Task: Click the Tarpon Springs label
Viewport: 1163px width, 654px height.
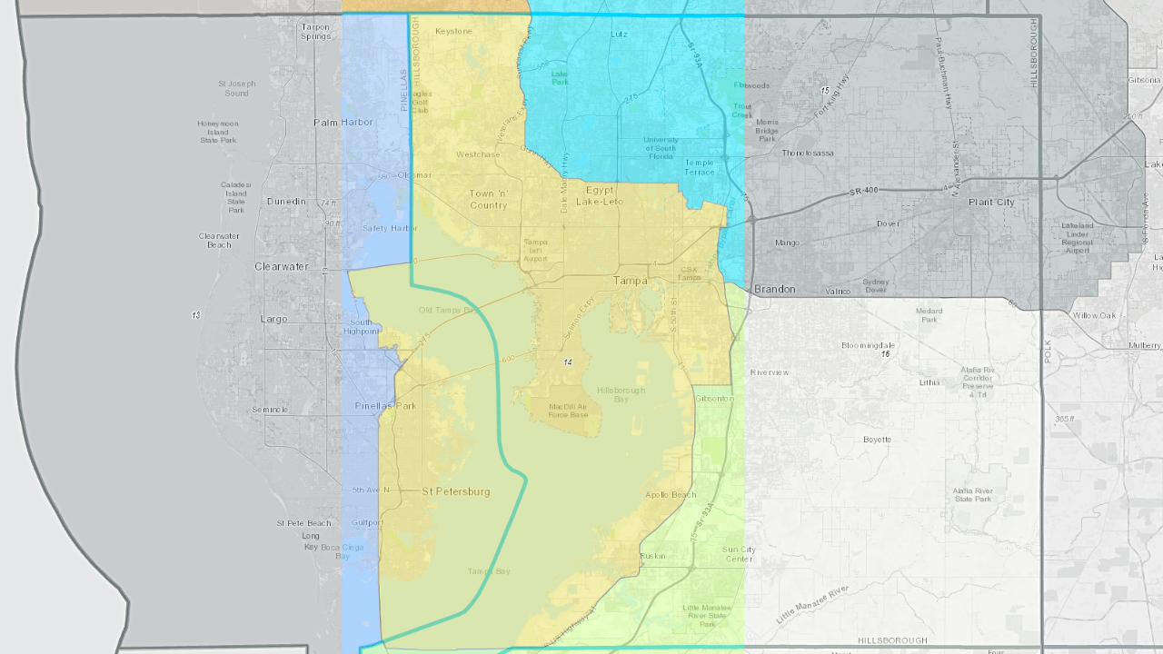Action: [315, 32]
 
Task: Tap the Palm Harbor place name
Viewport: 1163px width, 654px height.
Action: [343, 122]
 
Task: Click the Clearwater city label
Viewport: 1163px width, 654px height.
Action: [282, 267]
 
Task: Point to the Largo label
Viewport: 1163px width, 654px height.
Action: [273, 319]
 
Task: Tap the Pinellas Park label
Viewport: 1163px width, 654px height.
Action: [385, 406]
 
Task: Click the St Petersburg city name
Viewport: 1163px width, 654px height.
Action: [456, 491]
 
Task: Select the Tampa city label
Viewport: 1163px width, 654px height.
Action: [631, 281]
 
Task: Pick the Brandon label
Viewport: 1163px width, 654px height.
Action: [775, 290]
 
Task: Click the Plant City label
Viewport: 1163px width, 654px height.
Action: [991, 203]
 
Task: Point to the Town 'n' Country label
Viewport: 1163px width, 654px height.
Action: [488, 199]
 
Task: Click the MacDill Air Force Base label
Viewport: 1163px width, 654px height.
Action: [569, 411]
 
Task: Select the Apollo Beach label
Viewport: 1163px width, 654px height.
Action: [671, 495]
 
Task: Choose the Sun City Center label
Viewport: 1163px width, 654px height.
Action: [739, 554]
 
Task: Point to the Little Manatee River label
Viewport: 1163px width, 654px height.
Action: [812, 604]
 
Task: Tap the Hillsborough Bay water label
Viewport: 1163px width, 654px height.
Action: [621, 394]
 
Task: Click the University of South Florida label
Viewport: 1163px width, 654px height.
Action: [661, 148]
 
